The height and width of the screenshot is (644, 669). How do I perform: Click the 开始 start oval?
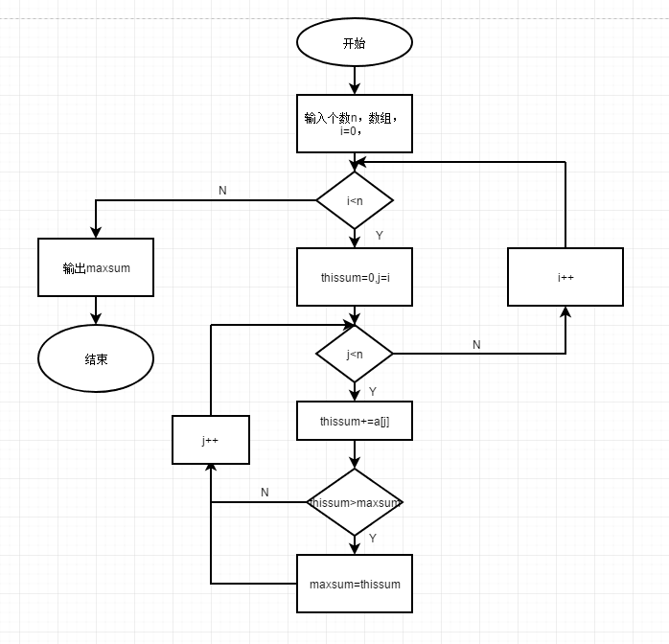pyautogui.click(x=355, y=43)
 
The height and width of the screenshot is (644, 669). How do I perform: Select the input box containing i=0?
pyautogui.click(x=355, y=124)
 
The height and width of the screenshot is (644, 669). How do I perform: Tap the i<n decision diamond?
pyautogui.click(x=355, y=200)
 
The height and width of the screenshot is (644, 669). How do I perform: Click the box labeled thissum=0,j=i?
pyautogui.click(x=355, y=277)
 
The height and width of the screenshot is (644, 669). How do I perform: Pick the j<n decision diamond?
pyautogui.click(x=355, y=354)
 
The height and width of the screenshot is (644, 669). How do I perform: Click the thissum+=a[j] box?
pyautogui.click(x=355, y=421)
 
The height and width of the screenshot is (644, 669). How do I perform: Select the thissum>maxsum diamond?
pyautogui.click(x=355, y=502)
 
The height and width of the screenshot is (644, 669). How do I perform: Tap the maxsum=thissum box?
pyautogui.click(x=355, y=584)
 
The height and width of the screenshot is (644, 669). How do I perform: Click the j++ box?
pyautogui.click(x=211, y=440)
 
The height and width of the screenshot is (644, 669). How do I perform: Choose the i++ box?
pyautogui.click(x=565, y=277)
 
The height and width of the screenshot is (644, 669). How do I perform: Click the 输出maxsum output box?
pyautogui.click(x=96, y=267)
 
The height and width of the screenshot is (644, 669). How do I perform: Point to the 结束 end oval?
pyautogui.click(x=96, y=358)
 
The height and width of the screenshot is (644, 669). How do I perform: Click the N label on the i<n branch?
pyautogui.click(x=222, y=191)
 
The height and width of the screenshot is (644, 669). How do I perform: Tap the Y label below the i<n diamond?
pyautogui.click(x=380, y=235)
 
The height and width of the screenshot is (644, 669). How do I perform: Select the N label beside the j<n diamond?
pyautogui.click(x=476, y=344)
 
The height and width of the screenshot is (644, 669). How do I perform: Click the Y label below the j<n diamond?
pyautogui.click(x=373, y=391)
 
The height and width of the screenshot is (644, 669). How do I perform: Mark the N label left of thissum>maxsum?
pyautogui.click(x=265, y=493)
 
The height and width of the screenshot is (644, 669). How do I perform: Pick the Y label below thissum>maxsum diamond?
pyautogui.click(x=373, y=539)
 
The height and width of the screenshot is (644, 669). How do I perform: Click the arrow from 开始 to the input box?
pyautogui.click(x=355, y=80)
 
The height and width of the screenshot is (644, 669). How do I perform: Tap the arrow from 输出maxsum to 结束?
pyautogui.click(x=96, y=310)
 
